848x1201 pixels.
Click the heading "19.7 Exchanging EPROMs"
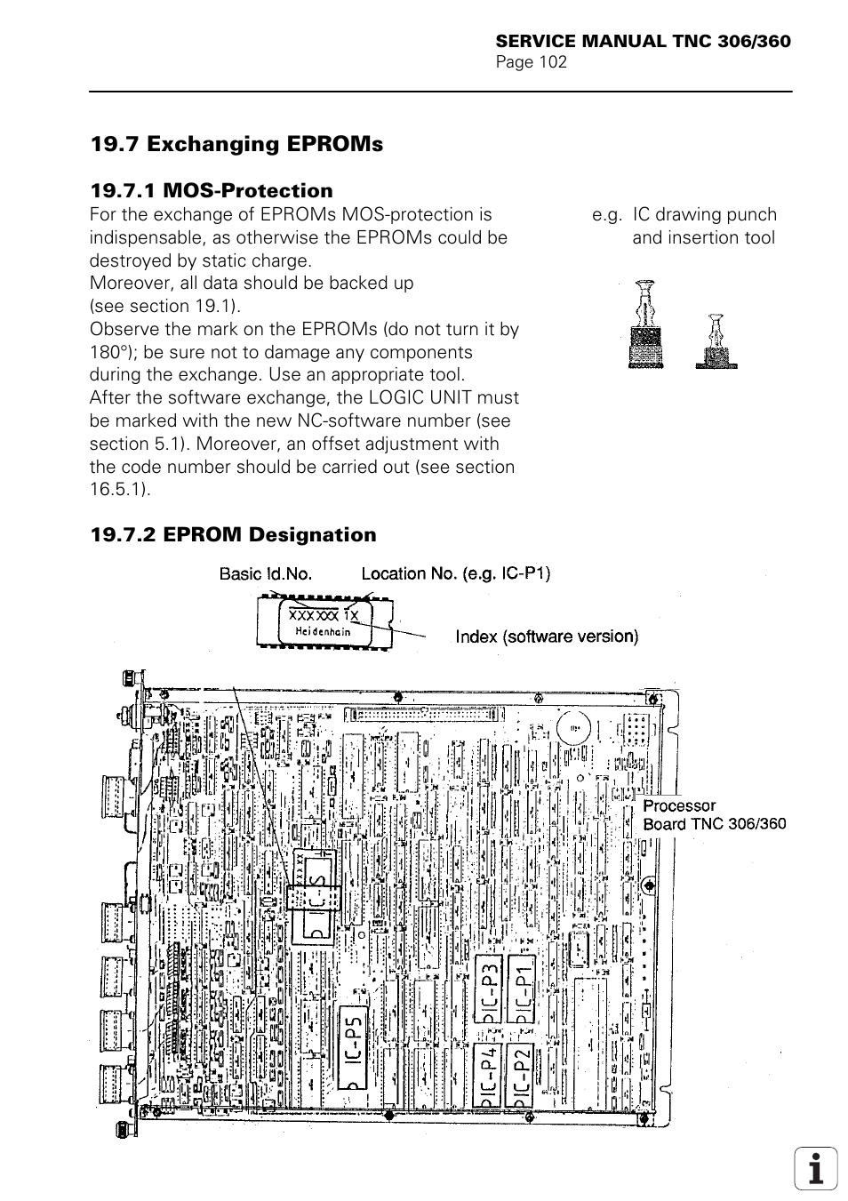[236, 144]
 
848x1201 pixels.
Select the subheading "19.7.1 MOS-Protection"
[212, 190]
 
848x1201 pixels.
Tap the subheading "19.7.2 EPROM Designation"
[233, 534]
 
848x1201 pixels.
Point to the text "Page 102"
[531, 61]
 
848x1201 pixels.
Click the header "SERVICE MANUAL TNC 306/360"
[643, 42]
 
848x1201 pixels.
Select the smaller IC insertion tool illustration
[716, 342]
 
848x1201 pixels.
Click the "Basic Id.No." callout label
[266, 573]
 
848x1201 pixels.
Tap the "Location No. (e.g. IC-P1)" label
[455, 573]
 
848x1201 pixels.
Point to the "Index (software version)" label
[547, 637]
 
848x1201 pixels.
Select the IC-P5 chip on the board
[353, 1047]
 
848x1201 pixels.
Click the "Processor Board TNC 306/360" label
[714, 814]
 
